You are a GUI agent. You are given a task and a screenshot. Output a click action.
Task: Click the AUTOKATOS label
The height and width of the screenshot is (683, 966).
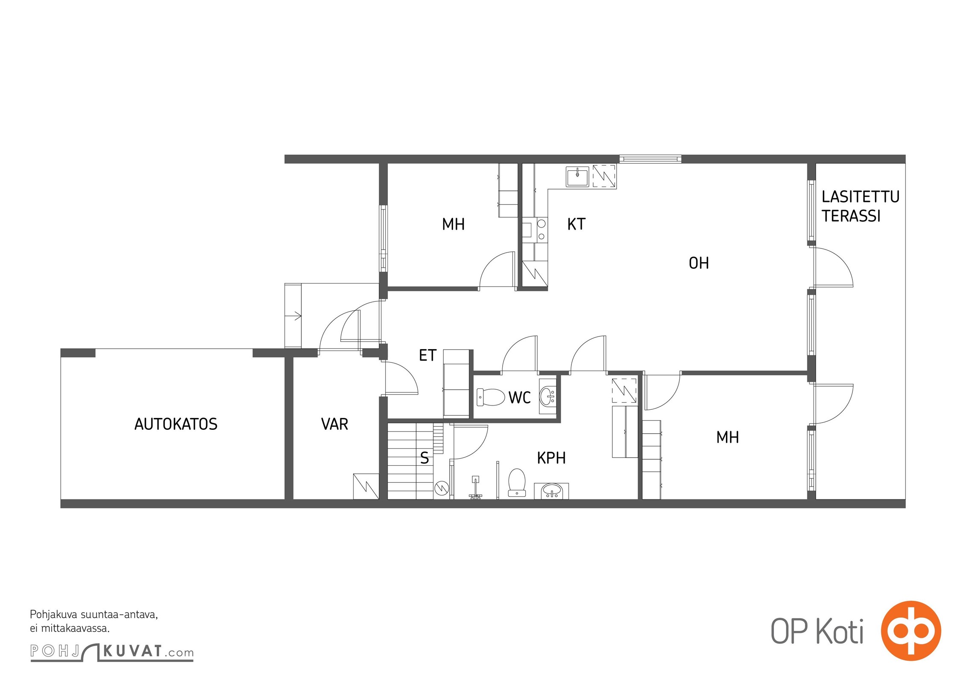pyautogui.click(x=176, y=424)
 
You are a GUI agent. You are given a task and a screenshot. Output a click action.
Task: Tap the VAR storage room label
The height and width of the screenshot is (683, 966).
pyautogui.click(x=334, y=424)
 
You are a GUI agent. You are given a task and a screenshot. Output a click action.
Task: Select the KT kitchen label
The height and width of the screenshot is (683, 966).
pyautogui.click(x=576, y=224)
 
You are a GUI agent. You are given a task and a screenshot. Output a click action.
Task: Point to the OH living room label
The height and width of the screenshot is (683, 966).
pyautogui.click(x=699, y=263)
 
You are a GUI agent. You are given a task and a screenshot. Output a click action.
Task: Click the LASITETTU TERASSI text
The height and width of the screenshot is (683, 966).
pyautogui.click(x=860, y=206)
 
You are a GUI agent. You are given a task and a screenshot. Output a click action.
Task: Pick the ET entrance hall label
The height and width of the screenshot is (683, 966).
pyautogui.click(x=427, y=355)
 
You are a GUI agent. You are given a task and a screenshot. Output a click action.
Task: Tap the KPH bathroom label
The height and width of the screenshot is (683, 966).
pyautogui.click(x=551, y=458)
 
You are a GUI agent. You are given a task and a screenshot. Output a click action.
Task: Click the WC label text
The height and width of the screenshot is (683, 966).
pyautogui.click(x=519, y=398)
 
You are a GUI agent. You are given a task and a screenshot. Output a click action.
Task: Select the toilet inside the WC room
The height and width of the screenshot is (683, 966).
pyautogui.click(x=491, y=397)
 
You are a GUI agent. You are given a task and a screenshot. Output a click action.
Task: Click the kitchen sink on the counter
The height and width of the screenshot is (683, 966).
pyautogui.click(x=577, y=177)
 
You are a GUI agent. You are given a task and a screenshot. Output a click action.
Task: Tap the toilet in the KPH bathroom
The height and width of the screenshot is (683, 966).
pyautogui.click(x=517, y=482)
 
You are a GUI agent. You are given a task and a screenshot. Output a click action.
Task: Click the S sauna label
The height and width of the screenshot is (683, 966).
pyautogui.click(x=424, y=458)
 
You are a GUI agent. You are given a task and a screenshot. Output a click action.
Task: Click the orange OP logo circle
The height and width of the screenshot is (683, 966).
pyautogui.click(x=911, y=630)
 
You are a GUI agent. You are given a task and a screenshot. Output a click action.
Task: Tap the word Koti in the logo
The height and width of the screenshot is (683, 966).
pyautogui.click(x=840, y=631)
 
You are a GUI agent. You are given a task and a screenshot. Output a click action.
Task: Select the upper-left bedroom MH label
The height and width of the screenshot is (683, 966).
pyautogui.click(x=453, y=224)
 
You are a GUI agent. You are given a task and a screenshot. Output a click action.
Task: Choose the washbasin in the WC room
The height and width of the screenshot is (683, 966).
pyautogui.click(x=547, y=396)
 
